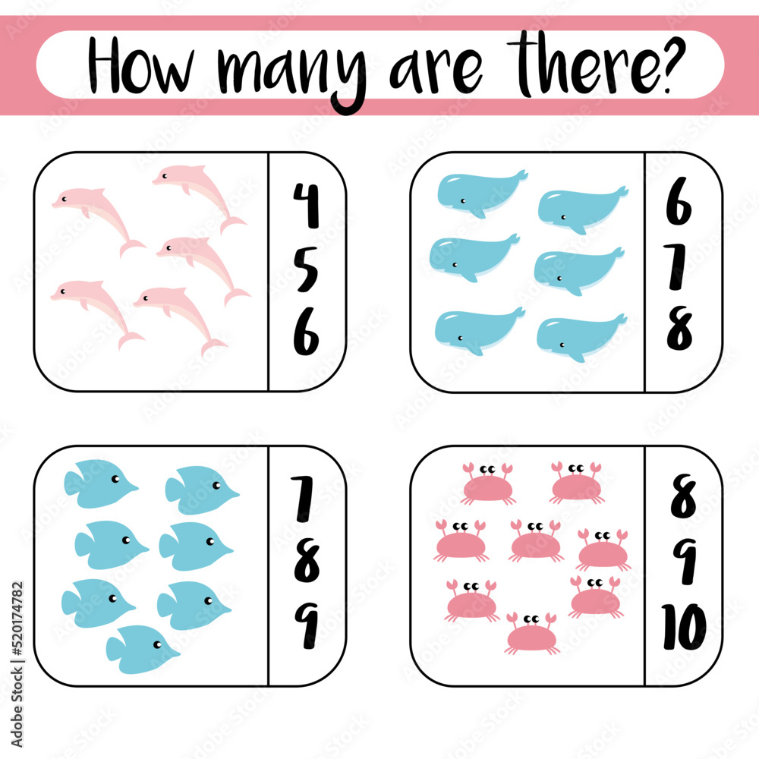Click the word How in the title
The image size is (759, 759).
point(145,66)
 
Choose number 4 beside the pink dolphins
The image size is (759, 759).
point(306,206)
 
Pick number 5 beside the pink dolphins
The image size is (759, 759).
point(306,269)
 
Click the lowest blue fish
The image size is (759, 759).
point(141,649)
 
